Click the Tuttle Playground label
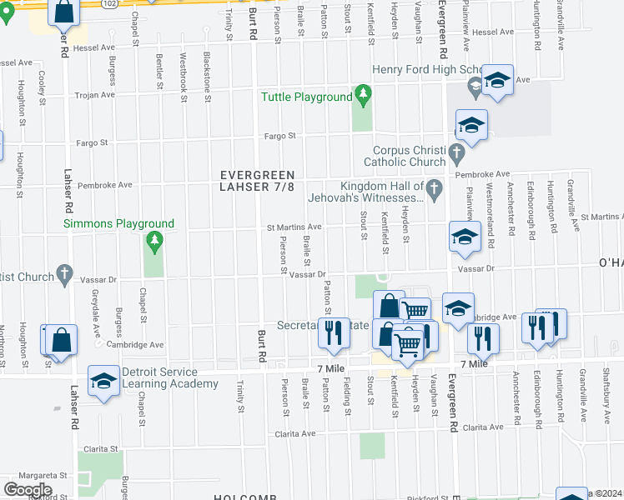coord(307,97)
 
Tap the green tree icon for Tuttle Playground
coord(362,93)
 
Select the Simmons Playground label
coord(120,223)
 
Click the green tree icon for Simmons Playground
coord(153,242)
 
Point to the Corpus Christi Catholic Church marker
coord(455,153)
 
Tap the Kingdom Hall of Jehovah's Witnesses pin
coord(434,192)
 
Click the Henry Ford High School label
coord(425,70)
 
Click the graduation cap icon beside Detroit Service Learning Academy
coord(103,381)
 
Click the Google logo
coord(28,489)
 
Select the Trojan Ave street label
coord(96,95)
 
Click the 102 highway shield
coord(110,2)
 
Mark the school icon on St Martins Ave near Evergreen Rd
coord(464,236)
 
